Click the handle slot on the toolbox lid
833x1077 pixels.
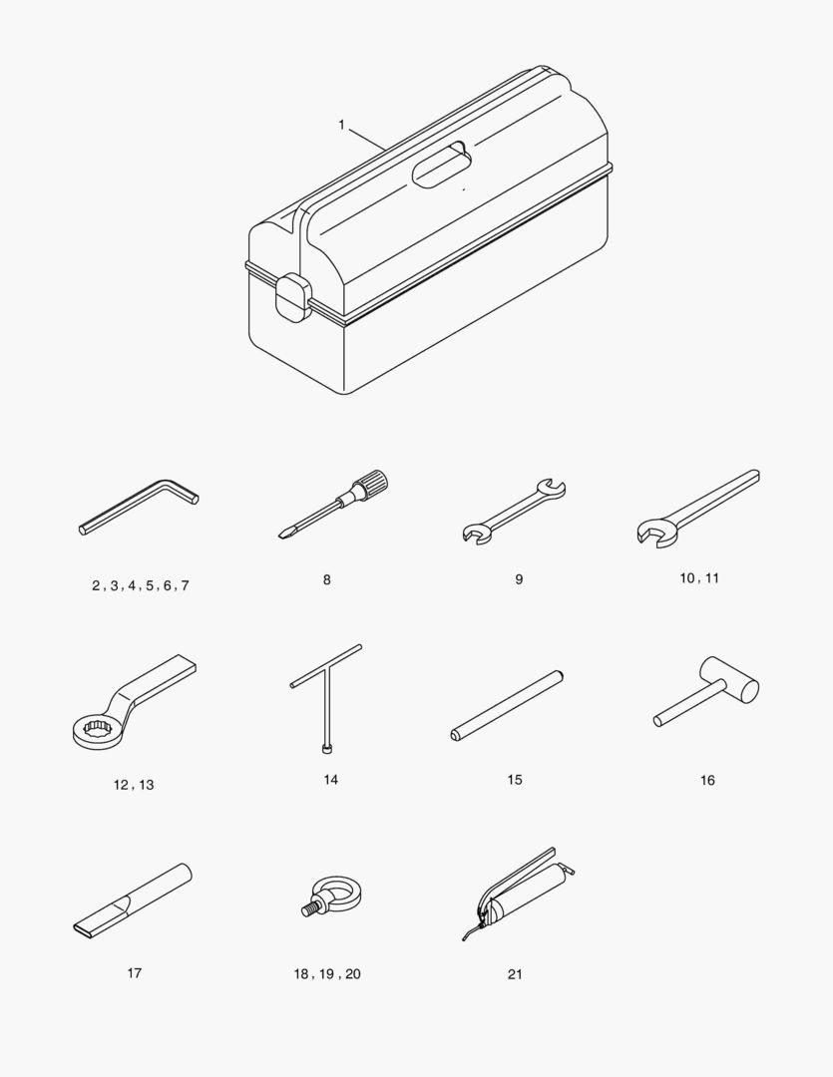(x=442, y=165)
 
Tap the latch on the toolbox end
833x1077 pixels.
(x=291, y=297)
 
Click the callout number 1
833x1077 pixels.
(x=341, y=125)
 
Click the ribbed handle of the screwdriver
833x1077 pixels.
(x=371, y=482)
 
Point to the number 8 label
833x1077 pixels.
(x=326, y=579)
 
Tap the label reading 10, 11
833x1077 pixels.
(x=699, y=578)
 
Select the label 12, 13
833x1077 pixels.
(x=134, y=785)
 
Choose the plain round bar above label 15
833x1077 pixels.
(x=507, y=705)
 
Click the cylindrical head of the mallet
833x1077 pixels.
(x=730, y=680)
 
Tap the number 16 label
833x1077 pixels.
(x=707, y=780)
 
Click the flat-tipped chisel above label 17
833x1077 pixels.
(x=132, y=898)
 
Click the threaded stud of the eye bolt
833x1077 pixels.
(x=310, y=909)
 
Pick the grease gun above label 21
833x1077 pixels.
(x=519, y=892)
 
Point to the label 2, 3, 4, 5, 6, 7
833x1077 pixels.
(x=141, y=586)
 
